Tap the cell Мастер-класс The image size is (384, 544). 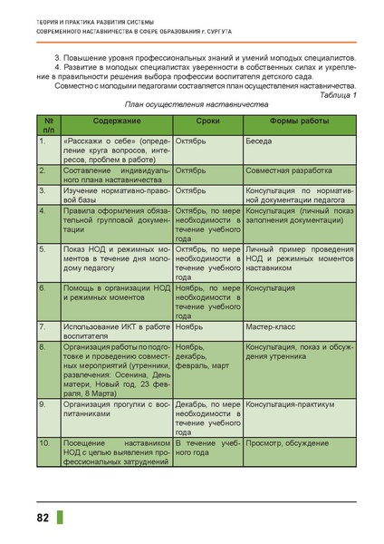[271, 325]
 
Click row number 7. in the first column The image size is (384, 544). [42, 325]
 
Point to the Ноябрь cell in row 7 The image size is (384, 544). [191, 325]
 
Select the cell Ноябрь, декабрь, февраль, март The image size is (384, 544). [206, 356]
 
